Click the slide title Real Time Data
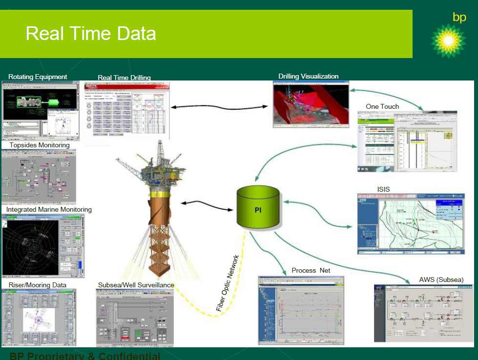click(91, 34)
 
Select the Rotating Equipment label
click(38, 77)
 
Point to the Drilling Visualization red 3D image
click(311, 105)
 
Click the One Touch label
click(382, 106)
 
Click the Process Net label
click(311, 270)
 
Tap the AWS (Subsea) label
click(441, 280)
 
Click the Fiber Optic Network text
click(228, 283)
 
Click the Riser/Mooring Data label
click(37, 285)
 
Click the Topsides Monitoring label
click(39, 145)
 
